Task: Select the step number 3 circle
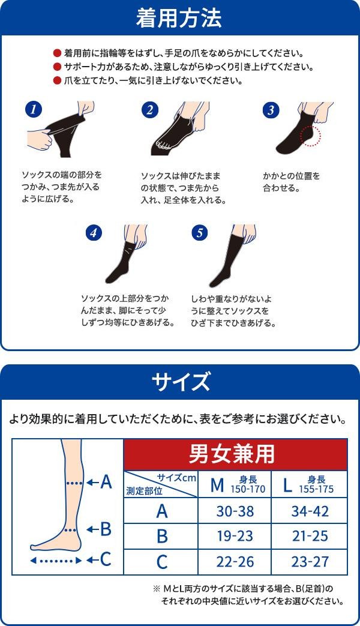point(271,110)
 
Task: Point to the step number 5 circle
point(200,233)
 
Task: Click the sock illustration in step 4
point(124,262)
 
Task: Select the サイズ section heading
point(181,382)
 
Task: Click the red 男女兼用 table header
point(235,454)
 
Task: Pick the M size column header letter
point(217,485)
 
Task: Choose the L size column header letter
point(287,485)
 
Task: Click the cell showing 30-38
point(235,511)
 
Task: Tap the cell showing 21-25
point(310,536)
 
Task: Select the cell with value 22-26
point(235,562)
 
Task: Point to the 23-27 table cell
point(310,562)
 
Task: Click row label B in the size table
point(161,536)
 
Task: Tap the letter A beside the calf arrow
point(106,483)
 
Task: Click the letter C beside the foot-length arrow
point(106,559)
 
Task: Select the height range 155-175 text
point(316,490)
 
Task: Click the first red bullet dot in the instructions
point(57,53)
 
